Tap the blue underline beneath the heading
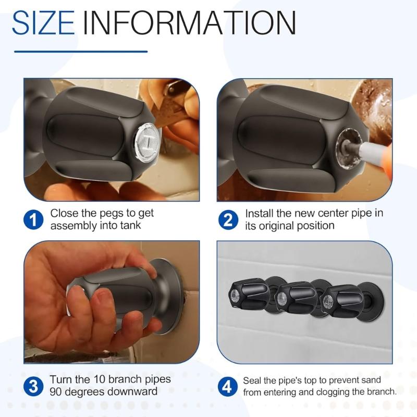pos(80,51)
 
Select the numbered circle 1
pos(34,220)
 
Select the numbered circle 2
pos(228,220)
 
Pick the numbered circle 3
pos(34,386)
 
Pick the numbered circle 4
pos(227,387)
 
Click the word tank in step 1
pos(129,226)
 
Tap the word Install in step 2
pos(259,214)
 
